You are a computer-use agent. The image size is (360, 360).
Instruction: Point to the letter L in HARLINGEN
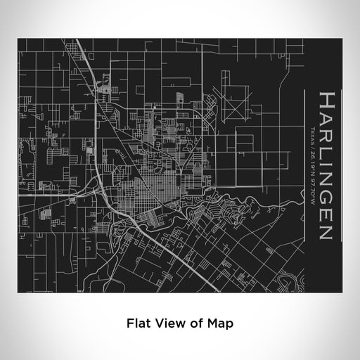pyautogui.click(x=327, y=150)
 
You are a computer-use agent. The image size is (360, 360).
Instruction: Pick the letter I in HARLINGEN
pyautogui.click(x=327, y=161)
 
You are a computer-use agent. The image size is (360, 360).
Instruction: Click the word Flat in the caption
pyautogui.click(x=138, y=323)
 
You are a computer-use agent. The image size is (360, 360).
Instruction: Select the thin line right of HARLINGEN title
pyautogui.click(x=342, y=169)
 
